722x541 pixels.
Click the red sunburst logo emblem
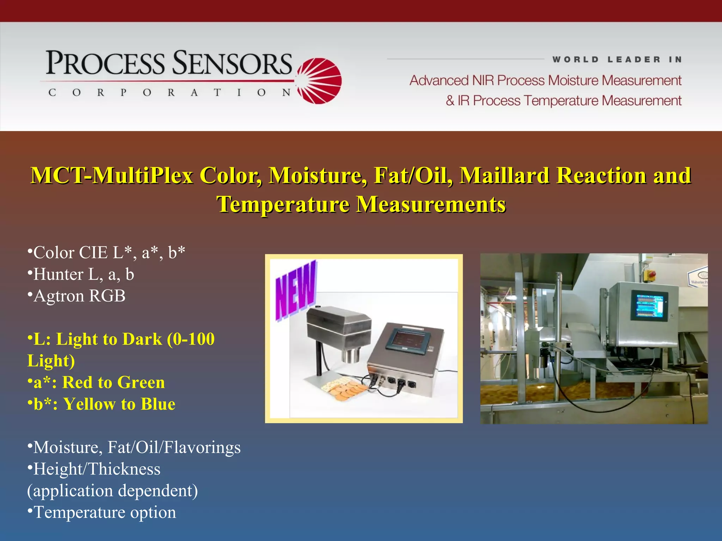point(319,81)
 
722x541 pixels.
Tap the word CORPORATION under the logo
point(169,93)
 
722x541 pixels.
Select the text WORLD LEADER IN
point(617,60)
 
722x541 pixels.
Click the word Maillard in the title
point(504,175)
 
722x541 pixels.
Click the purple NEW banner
point(295,290)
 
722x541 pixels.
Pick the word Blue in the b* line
point(158,404)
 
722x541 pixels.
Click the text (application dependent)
point(112,491)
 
